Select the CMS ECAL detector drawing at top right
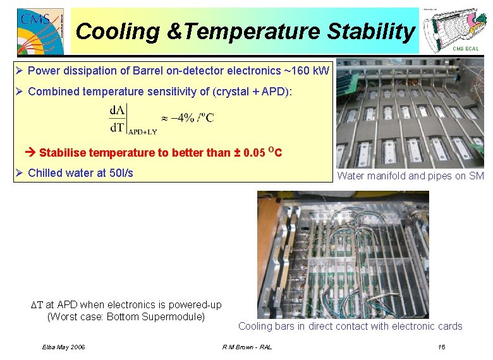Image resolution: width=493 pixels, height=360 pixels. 453,28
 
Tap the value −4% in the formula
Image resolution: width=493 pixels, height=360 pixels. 186,117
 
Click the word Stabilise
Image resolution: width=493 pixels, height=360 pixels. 63,152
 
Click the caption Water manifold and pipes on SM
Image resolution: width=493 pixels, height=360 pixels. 410,176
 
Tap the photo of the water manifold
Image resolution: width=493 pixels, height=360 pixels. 410,114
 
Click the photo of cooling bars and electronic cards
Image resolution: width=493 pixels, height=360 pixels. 343,254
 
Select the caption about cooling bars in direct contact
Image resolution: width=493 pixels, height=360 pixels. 350,327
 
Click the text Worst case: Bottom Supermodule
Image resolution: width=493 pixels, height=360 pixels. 126,316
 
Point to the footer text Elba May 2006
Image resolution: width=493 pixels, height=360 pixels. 63,347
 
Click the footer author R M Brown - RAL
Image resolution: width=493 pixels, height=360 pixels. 247,347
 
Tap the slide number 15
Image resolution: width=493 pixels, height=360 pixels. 441,347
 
